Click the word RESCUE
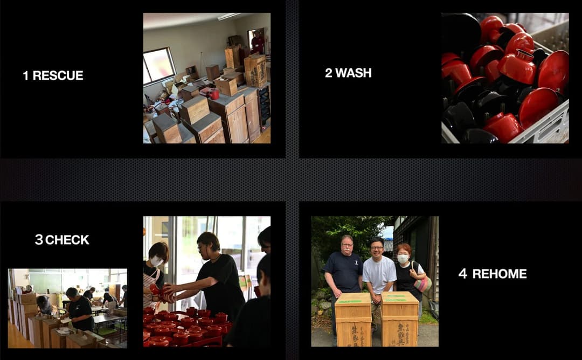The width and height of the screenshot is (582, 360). coord(58,75)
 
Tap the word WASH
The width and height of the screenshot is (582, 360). coord(354,73)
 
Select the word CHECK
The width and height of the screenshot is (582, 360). coord(67,240)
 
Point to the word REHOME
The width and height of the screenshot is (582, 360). coord(500,274)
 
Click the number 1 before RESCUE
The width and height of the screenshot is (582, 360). coord(25,75)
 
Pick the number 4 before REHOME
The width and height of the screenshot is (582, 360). coord(462,274)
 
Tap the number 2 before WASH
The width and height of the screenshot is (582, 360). coord(329,73)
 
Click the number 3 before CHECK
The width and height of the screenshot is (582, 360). coord(39,240)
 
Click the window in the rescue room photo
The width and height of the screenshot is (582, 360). coord(159,65)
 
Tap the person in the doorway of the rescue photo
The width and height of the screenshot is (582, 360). coord(257,42)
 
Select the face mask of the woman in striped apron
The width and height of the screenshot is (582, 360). coord(156,261)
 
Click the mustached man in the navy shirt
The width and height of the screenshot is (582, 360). coord(343,275)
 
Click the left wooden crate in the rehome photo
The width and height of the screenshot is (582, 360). coord(353,320)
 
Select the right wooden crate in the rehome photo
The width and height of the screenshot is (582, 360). coord(400,319)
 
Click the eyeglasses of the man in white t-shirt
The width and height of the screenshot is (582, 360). coord(377,247)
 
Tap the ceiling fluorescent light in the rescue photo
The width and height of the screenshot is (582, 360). coord(229,16)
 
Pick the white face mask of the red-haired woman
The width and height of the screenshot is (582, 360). coord(403,258)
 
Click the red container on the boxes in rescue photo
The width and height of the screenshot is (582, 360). coord(214,94)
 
